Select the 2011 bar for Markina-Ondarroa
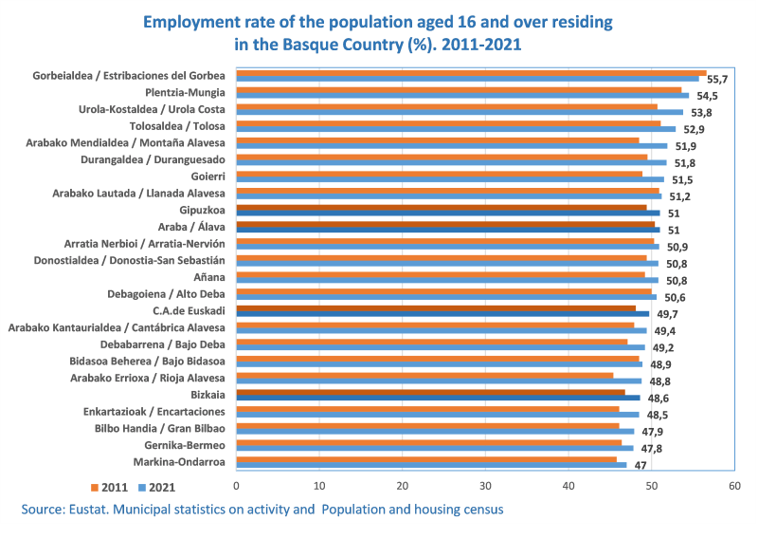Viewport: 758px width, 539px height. pos(426,459)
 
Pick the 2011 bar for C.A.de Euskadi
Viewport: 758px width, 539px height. pos(436,307)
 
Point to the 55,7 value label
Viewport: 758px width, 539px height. pos(717,80)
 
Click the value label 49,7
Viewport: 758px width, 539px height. pos(667,313)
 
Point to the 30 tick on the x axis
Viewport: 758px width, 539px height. pos(485,486)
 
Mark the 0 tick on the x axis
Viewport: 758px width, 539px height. pos(237,486)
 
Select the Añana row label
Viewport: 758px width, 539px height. pos(208,276)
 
